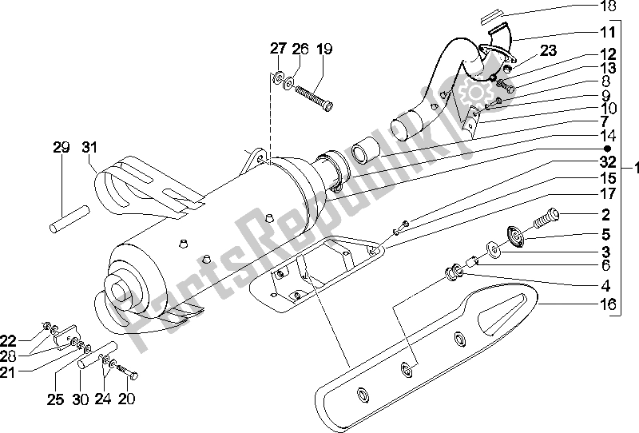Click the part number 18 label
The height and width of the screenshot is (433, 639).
(608, 6)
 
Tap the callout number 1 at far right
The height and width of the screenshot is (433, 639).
(633, 169)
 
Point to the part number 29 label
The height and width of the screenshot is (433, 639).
(62, 147)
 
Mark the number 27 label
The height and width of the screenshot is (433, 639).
(276, 50)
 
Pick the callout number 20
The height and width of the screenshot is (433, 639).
(128, 399)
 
